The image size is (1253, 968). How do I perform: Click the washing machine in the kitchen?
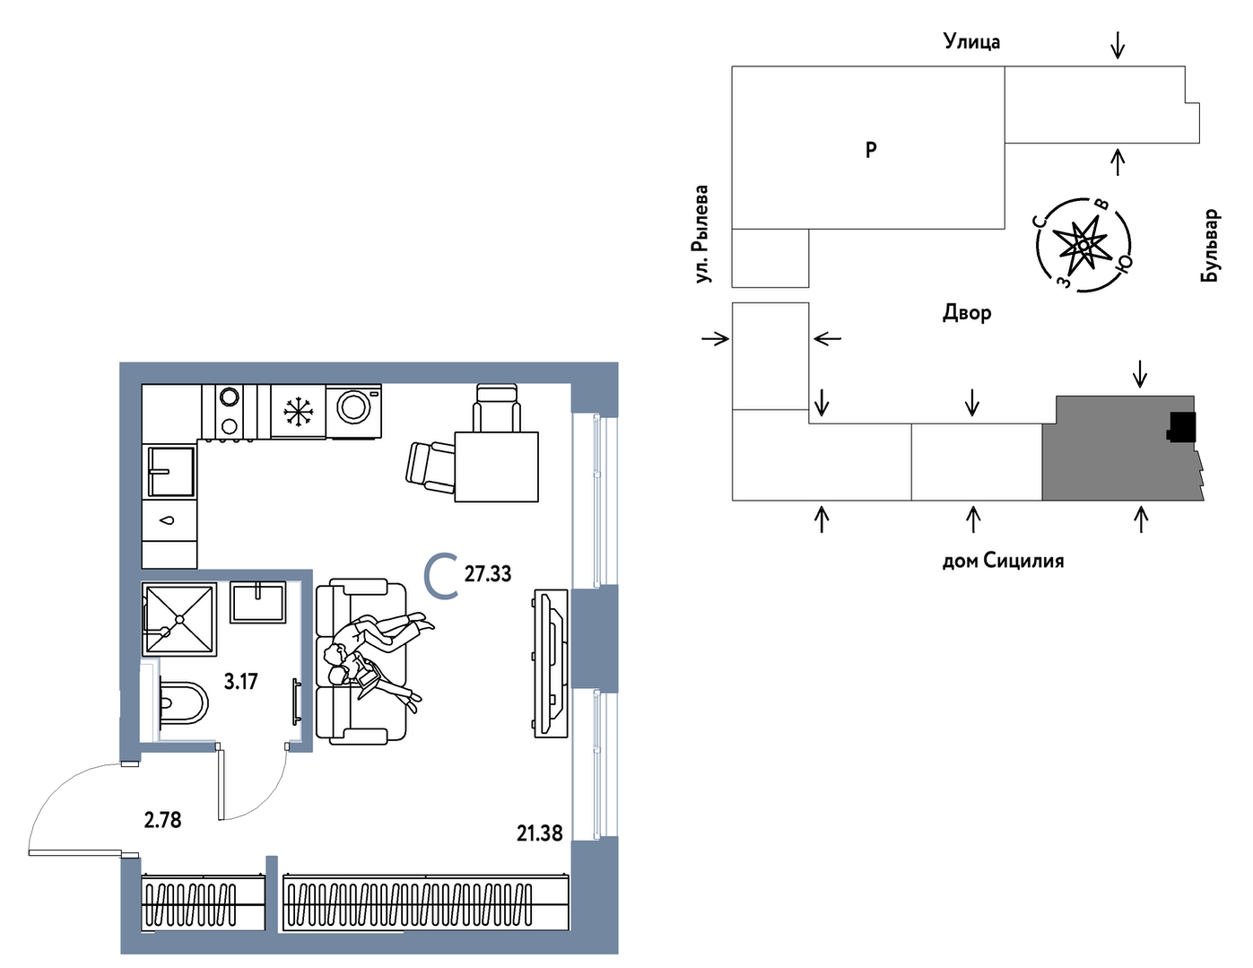[352, 411]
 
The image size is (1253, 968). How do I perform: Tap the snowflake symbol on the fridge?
[298, 412]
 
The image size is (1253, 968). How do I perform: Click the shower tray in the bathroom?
[179, 619]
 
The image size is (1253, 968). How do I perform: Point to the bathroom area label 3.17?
[240, 682]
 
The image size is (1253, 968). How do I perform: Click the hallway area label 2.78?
[162, 820]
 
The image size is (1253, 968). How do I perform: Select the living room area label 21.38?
[539, 833]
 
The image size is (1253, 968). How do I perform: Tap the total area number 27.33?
[488, 574]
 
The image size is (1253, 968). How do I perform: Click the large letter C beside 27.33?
[441, 576]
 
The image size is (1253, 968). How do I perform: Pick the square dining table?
[497, 467]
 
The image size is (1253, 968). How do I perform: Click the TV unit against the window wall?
[552, 663]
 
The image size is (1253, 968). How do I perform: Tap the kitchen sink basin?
[170, 472]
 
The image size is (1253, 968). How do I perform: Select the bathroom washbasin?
[257, 602]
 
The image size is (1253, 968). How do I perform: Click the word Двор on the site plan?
[967, 313]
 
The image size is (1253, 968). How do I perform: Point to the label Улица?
[971, 41]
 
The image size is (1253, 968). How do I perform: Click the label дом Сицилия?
[1004, 561]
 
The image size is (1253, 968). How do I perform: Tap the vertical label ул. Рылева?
[701, 234]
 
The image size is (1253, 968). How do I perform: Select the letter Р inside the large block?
[871, 150]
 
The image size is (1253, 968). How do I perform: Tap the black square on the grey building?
[1180, 427]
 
